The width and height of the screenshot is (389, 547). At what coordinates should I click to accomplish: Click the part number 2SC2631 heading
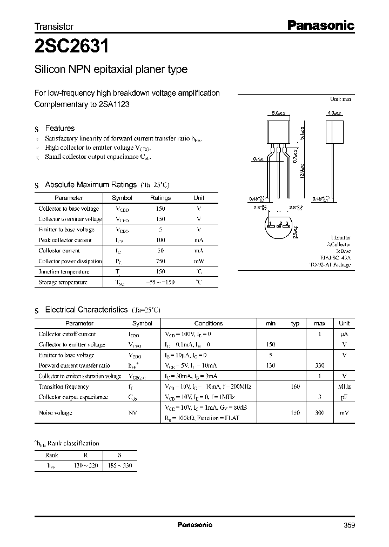pos(71,46)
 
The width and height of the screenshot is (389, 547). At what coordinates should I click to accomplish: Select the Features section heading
pos(59,129)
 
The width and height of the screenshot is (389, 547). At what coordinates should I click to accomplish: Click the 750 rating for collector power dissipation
pos(160,261)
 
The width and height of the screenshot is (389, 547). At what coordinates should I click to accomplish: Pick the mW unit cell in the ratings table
pos(199,261)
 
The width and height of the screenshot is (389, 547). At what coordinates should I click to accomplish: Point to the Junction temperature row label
pos(64,272)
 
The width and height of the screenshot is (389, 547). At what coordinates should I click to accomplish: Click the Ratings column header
pos(160,198)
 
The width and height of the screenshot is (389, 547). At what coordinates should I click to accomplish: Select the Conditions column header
pos(208,323)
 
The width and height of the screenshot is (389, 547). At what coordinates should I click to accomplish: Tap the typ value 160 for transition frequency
pos(295,386)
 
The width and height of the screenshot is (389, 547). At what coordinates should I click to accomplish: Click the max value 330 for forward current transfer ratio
pos(320,365)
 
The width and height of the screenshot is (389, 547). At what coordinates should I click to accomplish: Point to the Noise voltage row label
pos(55,412)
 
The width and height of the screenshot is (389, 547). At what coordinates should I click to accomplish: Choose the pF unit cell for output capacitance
pos(344,397)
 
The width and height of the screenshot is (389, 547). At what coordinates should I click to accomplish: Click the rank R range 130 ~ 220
pos(85,465)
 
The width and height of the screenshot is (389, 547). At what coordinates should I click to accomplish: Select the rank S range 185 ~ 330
pos(120,465)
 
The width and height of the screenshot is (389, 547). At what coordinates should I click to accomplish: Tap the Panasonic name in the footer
pos(195,525)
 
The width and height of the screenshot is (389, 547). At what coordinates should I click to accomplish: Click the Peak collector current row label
pos(65,240)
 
